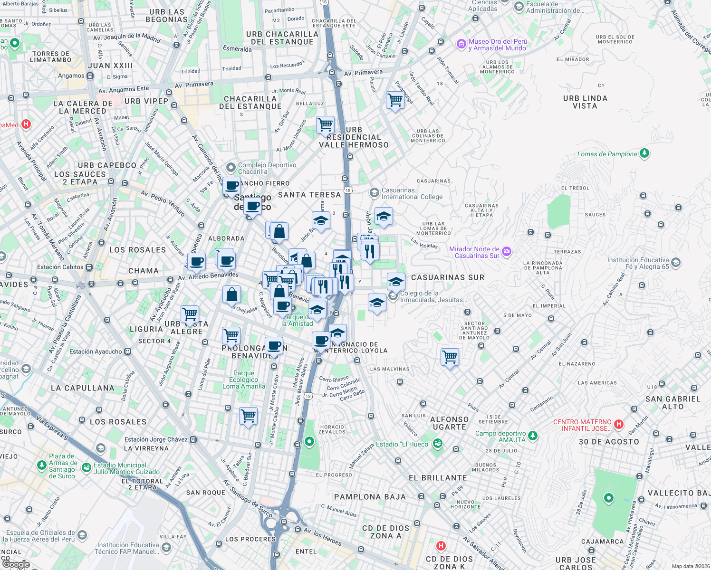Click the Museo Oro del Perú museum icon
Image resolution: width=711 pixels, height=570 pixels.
tap(461, 45)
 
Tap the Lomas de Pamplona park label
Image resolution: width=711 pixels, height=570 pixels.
tap(607, 154)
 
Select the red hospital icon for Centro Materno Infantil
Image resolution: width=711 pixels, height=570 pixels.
tap(618, 424)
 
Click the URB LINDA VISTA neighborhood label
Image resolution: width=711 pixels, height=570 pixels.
tap(585, 102)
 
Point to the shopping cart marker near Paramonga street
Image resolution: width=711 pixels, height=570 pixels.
tap(395, 100)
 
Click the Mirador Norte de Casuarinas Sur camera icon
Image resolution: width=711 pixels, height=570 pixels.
tap(507, 251)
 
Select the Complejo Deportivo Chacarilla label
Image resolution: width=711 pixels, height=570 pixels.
tap(267, 168)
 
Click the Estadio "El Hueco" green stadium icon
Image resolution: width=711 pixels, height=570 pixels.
tap(438, 444)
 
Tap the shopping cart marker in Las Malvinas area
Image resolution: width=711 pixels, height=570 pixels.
tap(450, 357)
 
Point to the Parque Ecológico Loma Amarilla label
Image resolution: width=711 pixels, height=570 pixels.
tap(244, 380)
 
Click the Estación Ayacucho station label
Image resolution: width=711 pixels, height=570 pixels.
tap(96, 351)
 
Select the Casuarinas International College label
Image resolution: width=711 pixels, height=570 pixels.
tap(412, 193)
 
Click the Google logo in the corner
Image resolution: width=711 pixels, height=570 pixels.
tap(15, 564)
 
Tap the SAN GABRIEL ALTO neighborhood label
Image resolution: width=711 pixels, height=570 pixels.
tap(673, 403)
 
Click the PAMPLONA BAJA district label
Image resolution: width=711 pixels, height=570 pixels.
tap(370, 497)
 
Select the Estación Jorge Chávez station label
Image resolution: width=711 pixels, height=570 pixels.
tap(156, 439)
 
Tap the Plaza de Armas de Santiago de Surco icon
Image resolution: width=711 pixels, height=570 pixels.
tap(42, 465)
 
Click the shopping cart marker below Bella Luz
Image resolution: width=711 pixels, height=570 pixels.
tap(325, 125)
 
